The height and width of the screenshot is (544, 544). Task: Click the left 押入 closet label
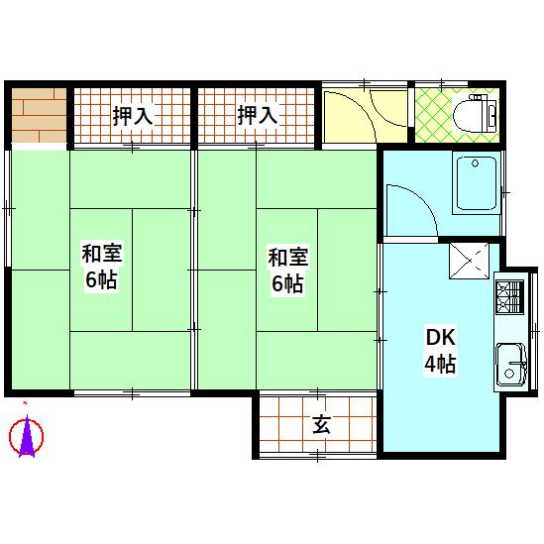pos(132,115)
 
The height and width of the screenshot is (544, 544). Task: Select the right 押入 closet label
pos(257,115)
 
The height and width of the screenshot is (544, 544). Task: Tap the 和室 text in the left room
pos(100,256)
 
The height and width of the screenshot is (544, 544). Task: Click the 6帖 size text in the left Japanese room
pos(100,280)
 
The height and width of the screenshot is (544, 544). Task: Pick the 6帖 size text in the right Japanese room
pos(287,283)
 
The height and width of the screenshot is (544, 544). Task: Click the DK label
pos(440,337)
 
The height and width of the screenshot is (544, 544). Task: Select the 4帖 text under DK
pos(440,364)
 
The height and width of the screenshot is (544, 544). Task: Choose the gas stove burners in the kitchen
pos(508,296)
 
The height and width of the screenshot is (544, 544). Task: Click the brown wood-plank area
pos(38,115)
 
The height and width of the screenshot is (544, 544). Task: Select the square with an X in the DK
pos(468,262)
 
